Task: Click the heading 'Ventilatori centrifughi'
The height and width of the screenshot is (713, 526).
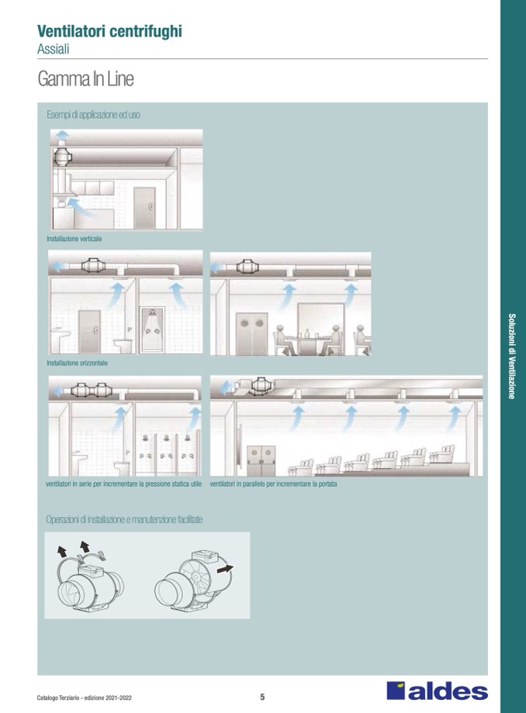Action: point(109,31)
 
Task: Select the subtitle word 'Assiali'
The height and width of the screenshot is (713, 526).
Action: point(54,49)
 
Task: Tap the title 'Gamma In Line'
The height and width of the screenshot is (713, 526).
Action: point(85,79)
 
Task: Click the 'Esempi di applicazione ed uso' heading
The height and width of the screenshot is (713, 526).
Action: point(93,115)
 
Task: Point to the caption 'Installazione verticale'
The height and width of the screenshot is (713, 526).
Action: point(74,239)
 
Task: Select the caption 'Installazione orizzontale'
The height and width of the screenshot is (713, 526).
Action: point(78,363)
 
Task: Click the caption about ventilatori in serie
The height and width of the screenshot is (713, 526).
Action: point(124,484)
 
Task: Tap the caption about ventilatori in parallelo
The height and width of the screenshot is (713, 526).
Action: point(273,484)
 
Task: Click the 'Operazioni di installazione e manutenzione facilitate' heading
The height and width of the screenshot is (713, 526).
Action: point(124,519)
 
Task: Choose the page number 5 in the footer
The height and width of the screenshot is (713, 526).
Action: point(262,697)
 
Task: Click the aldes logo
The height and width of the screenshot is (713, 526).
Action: point(438,691)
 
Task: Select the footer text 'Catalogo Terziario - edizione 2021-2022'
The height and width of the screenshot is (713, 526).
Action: point(85,697)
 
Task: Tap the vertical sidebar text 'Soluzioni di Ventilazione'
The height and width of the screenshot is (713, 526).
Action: point(512,356)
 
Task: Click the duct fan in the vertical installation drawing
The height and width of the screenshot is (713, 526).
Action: point(62,157)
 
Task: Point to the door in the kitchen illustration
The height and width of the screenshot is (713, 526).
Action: point(145,208)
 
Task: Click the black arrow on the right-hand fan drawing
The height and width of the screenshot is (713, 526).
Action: point(225,568)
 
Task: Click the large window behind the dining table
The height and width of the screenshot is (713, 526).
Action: point(320,321)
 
